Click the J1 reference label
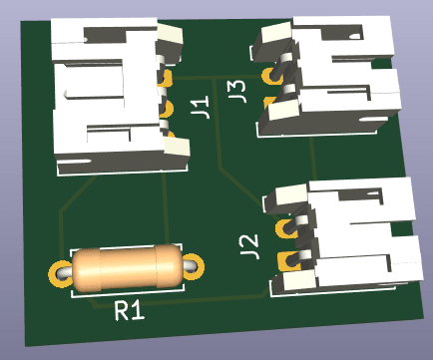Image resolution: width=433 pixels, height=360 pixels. click(200, 107)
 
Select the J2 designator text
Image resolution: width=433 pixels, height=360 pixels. click(250, 242)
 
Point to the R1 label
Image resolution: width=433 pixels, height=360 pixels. click(129, 310)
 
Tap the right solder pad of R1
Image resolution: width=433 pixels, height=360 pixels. click(192, 266)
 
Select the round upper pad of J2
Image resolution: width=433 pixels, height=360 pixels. click(288, 229)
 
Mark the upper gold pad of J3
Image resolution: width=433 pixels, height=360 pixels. click(269, 75)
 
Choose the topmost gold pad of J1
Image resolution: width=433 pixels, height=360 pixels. click(167, 78)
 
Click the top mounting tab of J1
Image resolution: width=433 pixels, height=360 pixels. click(170, 38)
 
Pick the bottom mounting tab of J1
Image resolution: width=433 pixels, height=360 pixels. click(176, 150)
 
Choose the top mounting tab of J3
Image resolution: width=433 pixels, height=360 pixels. click(273, 36)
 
